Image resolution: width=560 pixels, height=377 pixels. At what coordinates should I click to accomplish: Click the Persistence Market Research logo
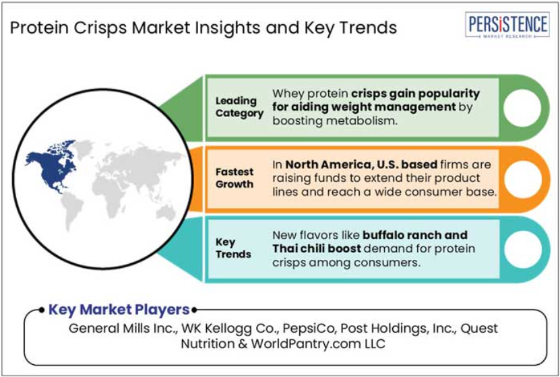tap(507, 25)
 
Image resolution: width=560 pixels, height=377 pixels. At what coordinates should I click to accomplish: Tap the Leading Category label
tap(239, 107)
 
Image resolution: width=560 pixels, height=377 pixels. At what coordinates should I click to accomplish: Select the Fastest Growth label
tap(235, 178)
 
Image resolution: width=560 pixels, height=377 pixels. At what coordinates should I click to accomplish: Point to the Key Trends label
tap(233, 248)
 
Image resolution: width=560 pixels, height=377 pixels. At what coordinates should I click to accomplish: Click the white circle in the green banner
tap(522, 108)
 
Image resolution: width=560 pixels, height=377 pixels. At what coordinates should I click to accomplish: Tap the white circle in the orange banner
tap(522, 179)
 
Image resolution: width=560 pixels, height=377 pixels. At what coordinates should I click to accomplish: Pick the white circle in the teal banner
tap(522, 249)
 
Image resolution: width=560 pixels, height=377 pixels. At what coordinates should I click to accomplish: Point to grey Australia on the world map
tap(166, 213)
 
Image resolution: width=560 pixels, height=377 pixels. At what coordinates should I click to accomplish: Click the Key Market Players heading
tap(119, 310)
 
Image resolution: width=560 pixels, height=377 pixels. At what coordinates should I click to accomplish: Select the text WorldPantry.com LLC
tap(318, 344)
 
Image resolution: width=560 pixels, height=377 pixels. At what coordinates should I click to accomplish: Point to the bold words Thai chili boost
tap(317, 248)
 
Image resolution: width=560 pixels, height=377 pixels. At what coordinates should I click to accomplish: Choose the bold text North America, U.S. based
tap(361, 164)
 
